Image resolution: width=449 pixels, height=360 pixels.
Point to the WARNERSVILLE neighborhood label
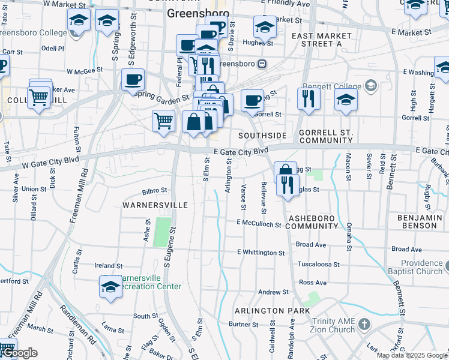155,205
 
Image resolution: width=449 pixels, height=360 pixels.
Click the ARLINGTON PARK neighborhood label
272,311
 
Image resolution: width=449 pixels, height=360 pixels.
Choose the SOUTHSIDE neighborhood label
262,136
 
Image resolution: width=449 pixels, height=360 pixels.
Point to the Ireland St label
109,265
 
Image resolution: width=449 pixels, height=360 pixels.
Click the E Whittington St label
261,253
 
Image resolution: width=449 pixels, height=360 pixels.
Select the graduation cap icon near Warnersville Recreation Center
111,287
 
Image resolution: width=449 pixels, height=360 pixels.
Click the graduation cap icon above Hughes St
265,26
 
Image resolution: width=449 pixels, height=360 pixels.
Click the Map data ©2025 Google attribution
412,355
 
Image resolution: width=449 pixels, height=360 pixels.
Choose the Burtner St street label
243,325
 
